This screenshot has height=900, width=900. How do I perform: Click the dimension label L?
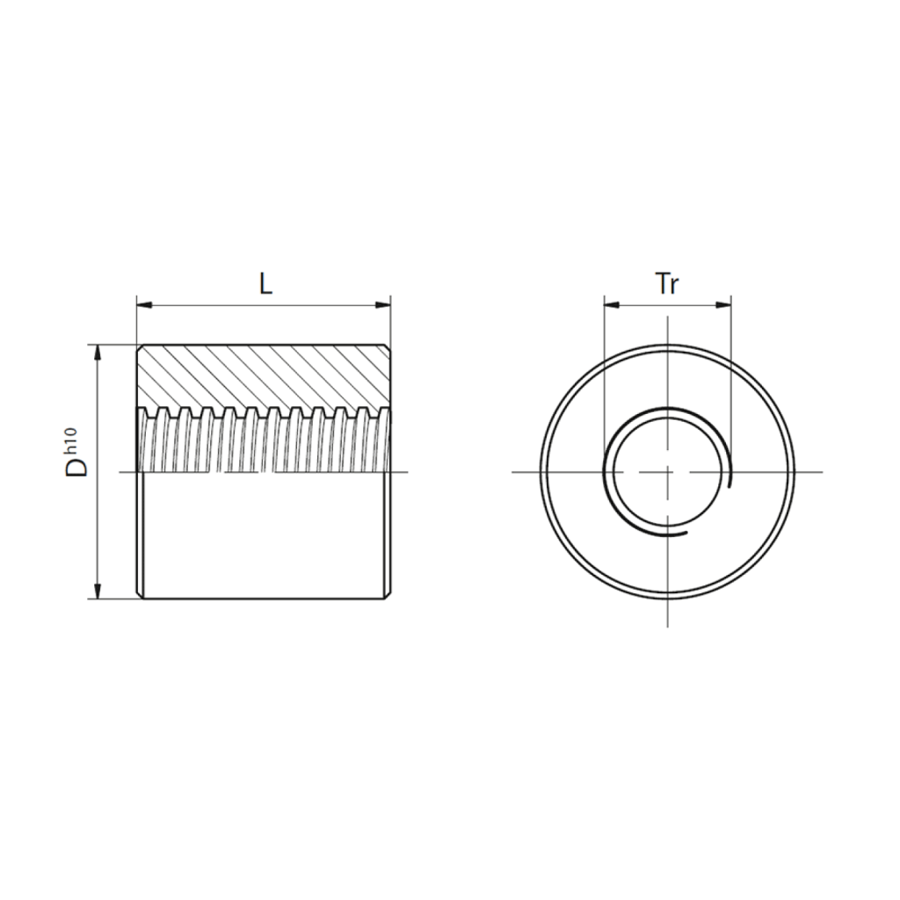[265, 284]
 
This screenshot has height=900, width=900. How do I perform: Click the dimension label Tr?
[668, 284]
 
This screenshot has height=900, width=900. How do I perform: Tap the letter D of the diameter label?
[77, 468]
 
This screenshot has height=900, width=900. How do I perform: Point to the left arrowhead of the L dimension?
[144, 304]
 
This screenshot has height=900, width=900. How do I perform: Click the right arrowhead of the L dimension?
[383, 304]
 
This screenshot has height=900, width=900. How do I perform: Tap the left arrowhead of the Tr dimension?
[612, 305]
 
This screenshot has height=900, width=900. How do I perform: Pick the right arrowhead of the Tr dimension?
[724, 305]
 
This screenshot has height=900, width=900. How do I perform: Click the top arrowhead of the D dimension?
[98, 353]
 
